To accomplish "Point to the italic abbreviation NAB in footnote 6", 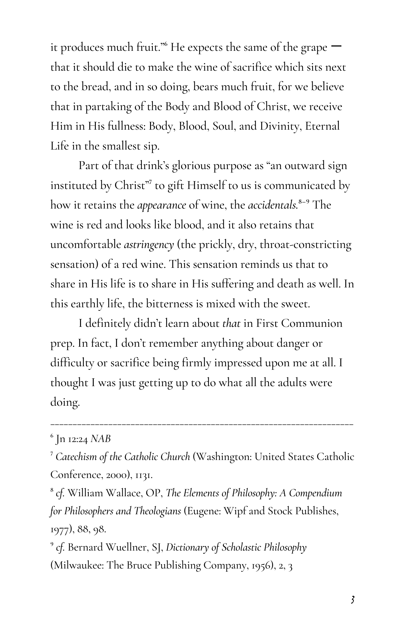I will [x=101, y=439].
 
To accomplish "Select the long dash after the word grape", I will [x=337, y=46].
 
